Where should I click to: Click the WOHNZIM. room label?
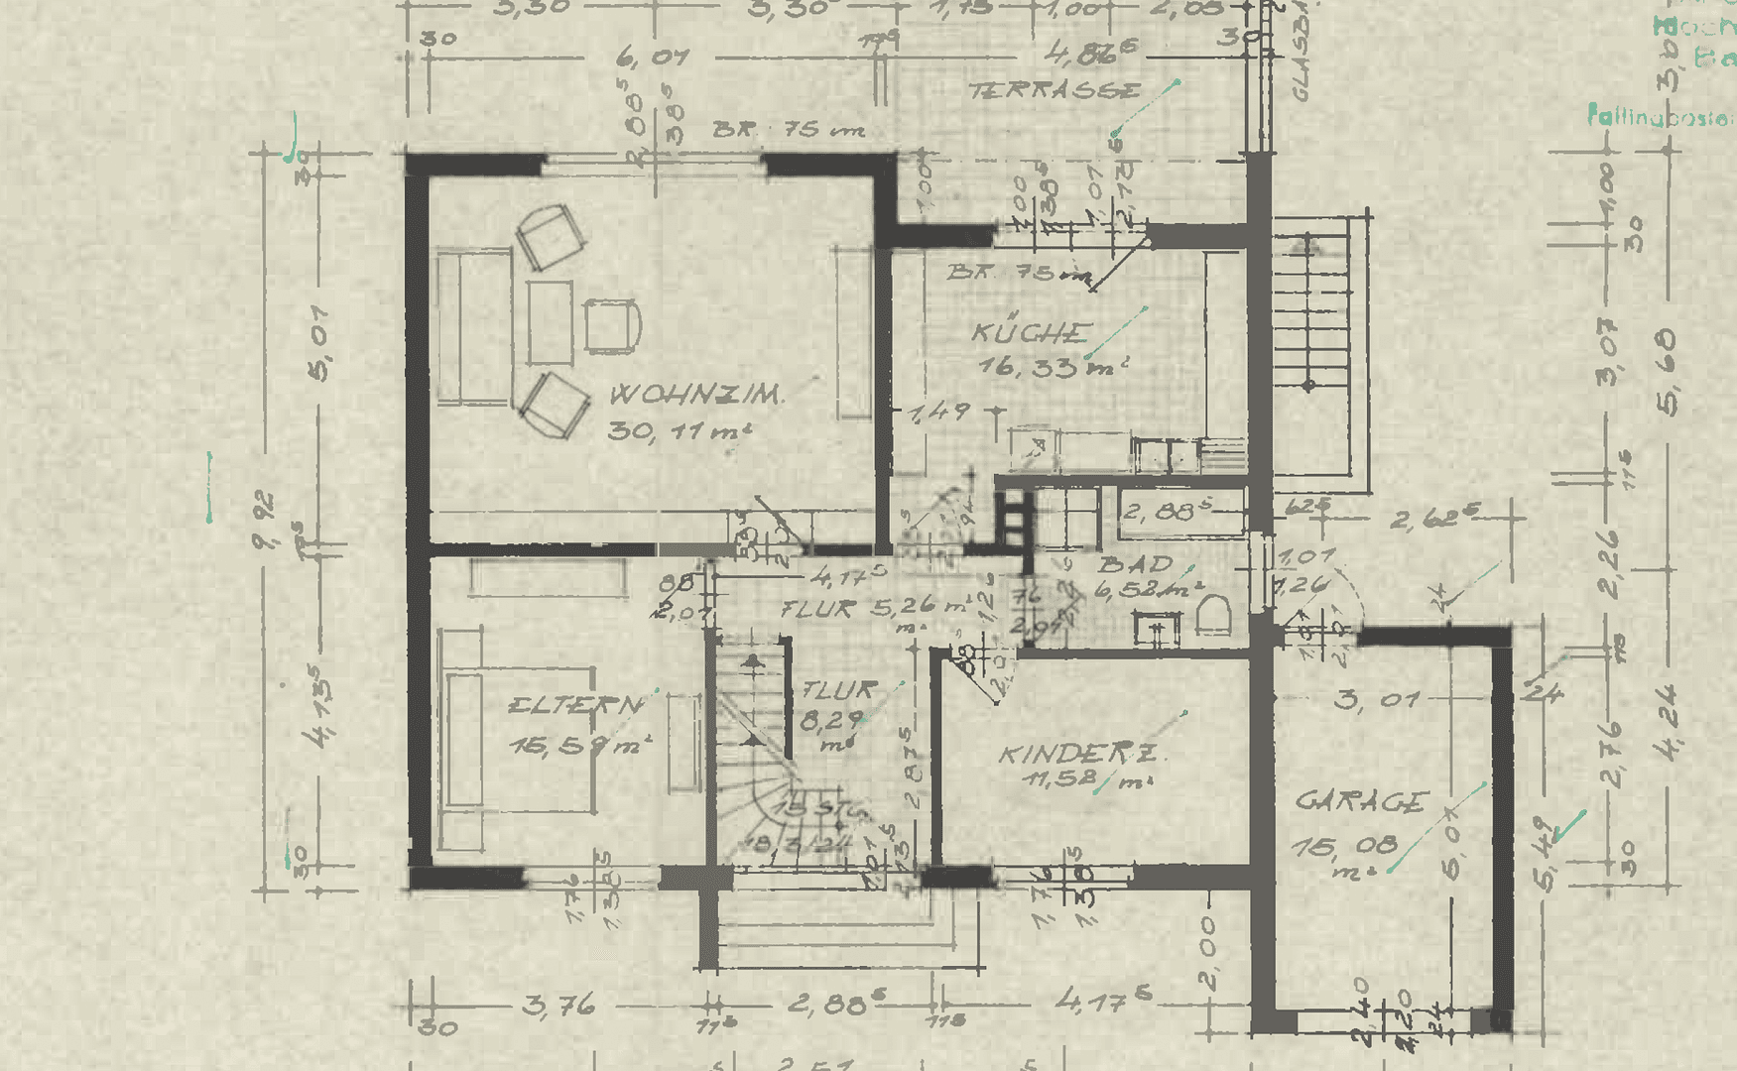pos(694,394)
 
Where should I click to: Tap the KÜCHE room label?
pos(1032,332)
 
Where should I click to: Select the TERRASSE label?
pos(1055,91)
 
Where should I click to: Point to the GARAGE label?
pos(1362,800)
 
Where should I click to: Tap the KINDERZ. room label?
pos(1081,754)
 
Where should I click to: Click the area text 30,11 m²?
pos(679,430)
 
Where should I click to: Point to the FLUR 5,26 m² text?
pos(874,608)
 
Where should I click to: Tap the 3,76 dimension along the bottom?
pos(558,1006)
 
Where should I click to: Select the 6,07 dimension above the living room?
pos(652,58)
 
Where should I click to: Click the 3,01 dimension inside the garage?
pos(1376,700)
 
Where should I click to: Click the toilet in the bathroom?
pos(1213,616)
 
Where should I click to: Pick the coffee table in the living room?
pos(550,322)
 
